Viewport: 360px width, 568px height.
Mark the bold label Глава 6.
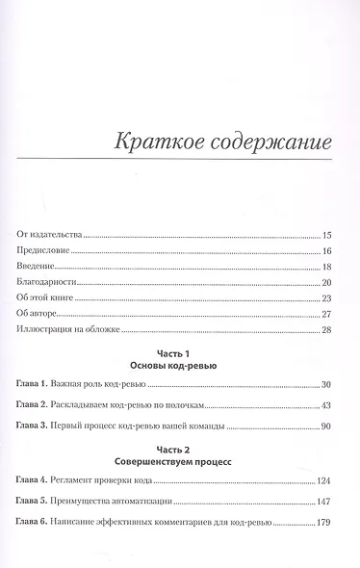35,526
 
